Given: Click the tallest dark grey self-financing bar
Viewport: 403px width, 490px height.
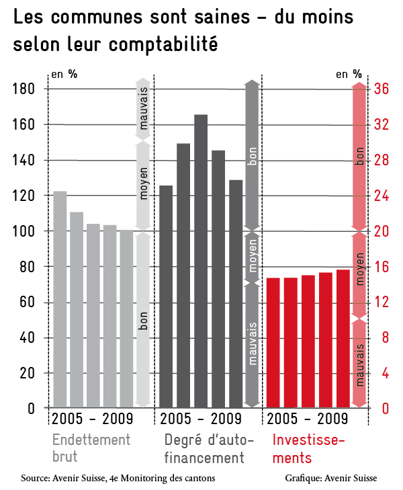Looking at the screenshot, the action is [201, 261].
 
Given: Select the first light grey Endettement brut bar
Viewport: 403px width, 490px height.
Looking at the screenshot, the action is [60, 299].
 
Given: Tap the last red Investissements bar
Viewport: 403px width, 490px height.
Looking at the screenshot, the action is [343, 339].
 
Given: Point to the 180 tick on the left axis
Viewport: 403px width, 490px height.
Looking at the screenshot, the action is [24, 89].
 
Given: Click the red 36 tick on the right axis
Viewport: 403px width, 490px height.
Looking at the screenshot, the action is [382, 89].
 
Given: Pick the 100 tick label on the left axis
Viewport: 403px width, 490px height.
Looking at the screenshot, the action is [24, 231].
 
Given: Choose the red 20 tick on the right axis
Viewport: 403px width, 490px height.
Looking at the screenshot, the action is [382, 231].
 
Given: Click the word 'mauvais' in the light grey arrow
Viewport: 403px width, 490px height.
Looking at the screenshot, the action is [143, 108].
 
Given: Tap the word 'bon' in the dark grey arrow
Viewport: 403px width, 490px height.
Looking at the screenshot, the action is [253, 156].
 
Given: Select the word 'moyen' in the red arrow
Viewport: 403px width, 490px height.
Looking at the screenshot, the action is [359, 269].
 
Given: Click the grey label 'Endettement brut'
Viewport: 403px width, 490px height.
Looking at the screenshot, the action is [91, 448].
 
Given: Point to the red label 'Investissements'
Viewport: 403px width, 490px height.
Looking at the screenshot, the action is [308, 449].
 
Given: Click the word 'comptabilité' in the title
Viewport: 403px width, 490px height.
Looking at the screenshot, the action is [163, 44].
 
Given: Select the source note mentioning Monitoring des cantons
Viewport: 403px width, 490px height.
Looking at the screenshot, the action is [118, 478].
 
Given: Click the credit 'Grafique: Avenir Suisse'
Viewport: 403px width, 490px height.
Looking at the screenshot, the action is [331, 478].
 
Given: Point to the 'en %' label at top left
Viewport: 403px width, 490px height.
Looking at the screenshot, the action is [64, 74].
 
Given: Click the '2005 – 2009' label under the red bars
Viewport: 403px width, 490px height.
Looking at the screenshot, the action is [307, 419].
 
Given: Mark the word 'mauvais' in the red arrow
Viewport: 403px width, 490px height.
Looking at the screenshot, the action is [359, 365].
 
